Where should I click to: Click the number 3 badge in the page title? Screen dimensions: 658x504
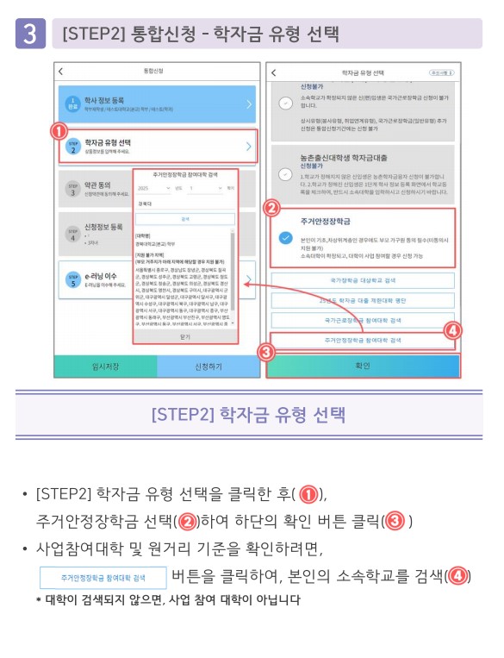[x=30, y=34]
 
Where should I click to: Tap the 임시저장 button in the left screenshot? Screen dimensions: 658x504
[x=105, y=366]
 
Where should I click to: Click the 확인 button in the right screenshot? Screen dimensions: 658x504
[x=363, y=366]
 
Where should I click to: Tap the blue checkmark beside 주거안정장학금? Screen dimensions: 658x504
[x=285, y=240]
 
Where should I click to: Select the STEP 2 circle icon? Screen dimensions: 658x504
[x=73, y=147]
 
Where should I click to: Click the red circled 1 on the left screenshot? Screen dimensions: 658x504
[x=59, y=132]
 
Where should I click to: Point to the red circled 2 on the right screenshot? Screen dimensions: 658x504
[x=271, y=208]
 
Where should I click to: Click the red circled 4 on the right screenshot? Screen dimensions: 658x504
[x=452, y=329]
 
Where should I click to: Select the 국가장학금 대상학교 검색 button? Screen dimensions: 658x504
[x=363, y=281]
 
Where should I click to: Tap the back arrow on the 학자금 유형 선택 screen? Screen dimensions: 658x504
[x=273, y=72]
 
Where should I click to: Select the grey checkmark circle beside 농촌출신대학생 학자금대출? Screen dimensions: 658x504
[x=285, y=172]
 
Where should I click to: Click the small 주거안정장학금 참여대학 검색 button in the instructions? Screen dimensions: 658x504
[x=103, y=577]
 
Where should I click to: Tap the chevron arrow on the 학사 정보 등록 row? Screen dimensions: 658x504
[x=248, y=104]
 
